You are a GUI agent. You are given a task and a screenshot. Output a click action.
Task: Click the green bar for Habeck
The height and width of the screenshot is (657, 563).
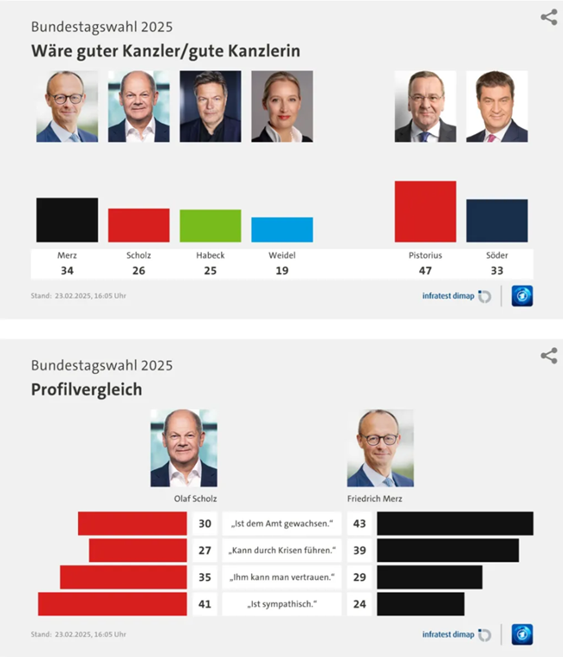(x=210, y=225)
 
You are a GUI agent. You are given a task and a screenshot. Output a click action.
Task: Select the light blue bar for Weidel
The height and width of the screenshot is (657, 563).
(x=282, y=229)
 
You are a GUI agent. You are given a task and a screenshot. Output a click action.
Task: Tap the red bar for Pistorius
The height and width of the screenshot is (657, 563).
(x=425, y=211)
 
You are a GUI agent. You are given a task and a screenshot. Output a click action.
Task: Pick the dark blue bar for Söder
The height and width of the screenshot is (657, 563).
(x=497, y=221)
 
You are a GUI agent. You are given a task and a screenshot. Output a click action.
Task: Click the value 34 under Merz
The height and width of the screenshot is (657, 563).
(x=67, y=271)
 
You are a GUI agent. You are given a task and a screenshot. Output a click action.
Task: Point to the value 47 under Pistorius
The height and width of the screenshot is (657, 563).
(x=425, y=271)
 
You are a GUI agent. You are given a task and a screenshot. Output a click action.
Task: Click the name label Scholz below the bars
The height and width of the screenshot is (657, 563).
(x=139, y=255)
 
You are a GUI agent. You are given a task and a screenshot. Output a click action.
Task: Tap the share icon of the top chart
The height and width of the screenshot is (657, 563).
(x=549, y=17)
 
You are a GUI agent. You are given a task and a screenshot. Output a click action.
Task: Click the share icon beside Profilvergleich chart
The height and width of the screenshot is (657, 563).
(x=549, y=356)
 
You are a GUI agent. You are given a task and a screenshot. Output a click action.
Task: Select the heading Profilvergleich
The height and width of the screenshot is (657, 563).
(x=86, y=390)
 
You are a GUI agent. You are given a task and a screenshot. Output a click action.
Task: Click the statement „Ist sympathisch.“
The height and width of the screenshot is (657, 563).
(x=282, y=603)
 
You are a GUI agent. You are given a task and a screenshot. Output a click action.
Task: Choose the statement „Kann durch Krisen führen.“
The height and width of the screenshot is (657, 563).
(x=282, y=550)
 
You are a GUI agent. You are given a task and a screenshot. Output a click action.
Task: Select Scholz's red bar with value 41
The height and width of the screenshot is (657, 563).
(x=113, y=603)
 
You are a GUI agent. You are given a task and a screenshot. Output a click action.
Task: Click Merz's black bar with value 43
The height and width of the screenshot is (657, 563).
(x=455, y=524)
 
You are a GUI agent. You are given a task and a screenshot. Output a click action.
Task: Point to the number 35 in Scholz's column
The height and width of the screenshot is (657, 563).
(x=204, y=576)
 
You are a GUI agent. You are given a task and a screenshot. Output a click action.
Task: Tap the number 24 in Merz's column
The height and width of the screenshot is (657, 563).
(x=359, y=603)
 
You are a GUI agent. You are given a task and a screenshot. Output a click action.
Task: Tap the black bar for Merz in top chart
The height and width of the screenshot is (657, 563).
(x=67, y=220)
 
